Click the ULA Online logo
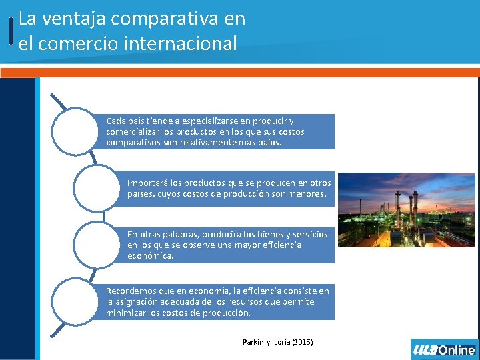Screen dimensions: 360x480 (444, 349)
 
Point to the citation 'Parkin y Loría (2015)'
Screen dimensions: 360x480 (277, 342)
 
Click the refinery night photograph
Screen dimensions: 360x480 (406, 210)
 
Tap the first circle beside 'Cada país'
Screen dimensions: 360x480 (79, 132)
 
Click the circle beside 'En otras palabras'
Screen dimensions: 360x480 (99, 245)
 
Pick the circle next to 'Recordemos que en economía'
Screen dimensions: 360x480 (79, 302)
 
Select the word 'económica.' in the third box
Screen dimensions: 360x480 (150, 255)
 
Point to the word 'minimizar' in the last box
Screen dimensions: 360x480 (126, 313)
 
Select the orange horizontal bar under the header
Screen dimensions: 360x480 (240, 72)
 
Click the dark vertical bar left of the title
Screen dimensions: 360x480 (12, 31)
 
